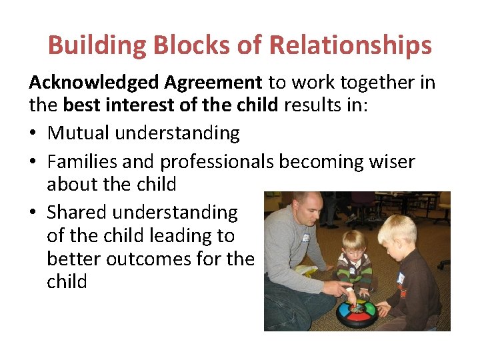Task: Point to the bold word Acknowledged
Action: click(93, 83)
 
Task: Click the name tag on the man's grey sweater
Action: click(306, 237)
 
